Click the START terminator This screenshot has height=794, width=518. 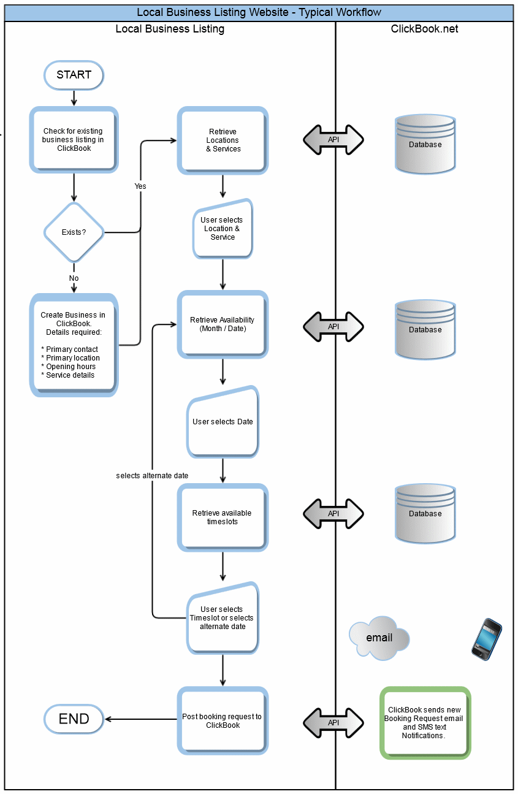point(74,75)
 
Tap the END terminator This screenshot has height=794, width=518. point(74,719)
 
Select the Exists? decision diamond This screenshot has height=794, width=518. point(74,232)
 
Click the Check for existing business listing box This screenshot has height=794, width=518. point(74,140)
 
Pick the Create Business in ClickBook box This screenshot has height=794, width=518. point(74,345)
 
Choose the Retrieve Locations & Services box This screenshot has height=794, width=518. point(223,140)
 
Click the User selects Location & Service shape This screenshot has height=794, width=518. point(223,229)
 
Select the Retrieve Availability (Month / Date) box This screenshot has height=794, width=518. point(223,324)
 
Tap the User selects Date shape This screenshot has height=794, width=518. point(223,422)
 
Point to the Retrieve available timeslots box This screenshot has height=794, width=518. point(223,517)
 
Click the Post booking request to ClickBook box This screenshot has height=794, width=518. point(223,721)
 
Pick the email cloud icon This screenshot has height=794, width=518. point(379,638)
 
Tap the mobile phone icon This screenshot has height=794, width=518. point(487,639)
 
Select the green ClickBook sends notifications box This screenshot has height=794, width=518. point(425,723)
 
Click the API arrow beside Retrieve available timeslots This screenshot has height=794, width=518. point(333,513)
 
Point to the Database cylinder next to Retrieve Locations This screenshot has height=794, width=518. point(425,144)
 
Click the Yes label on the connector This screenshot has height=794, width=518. point(140,186)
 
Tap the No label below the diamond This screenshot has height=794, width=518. point(74,278)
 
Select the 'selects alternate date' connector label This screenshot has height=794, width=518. point(152,476)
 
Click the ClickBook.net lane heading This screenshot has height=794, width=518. point(424,29)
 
